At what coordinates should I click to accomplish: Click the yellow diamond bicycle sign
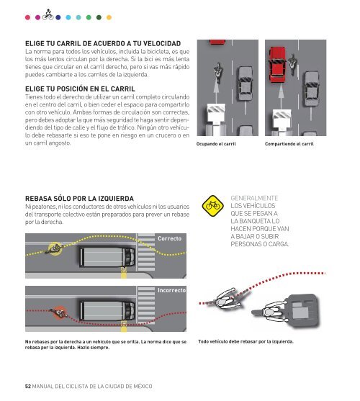(x=212, y=206)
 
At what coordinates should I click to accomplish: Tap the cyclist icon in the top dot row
(x=48, y=14)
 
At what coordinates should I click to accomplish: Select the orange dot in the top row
(x=109, y=17)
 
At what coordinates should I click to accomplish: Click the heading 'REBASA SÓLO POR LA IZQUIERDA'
(x=79, y=199)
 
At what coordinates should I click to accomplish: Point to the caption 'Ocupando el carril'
(x=216, y=144)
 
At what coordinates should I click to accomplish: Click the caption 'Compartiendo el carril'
(x=289, y=144)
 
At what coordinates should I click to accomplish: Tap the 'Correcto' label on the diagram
(x=169, y=238)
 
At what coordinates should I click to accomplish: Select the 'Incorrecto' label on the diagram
(x=172, y=290)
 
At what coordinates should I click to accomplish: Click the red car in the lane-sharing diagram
(x=277, y=65)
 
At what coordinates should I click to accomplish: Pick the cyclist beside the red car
(x=292, y=64)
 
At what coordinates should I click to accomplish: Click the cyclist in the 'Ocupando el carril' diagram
(x=218, y=73)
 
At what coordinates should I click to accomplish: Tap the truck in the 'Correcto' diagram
(x=107, y=257)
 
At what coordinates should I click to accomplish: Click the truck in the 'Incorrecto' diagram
(x=107, y=311)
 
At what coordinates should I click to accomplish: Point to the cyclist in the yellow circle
(x=55, y=248)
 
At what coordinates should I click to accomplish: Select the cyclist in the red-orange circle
(x=59, y=312)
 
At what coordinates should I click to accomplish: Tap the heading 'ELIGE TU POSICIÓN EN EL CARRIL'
(x=80, y=89)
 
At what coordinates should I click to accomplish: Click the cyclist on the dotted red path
(x=227, y=299)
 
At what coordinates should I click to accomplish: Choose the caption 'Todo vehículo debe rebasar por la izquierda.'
(x=246, y=342)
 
